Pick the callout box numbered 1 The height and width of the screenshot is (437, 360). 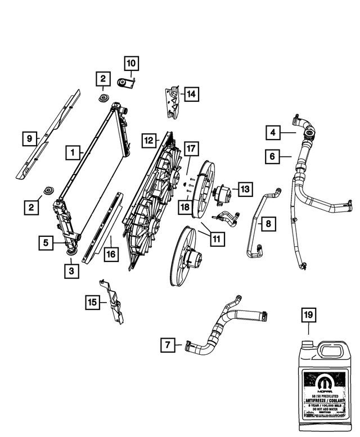pos(72,151)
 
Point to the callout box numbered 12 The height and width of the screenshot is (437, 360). pos(148,139)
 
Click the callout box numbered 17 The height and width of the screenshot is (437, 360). pos(191,149)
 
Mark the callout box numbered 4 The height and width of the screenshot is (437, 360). pos(273,133)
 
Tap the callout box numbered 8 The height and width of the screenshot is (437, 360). pos(268,224)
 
